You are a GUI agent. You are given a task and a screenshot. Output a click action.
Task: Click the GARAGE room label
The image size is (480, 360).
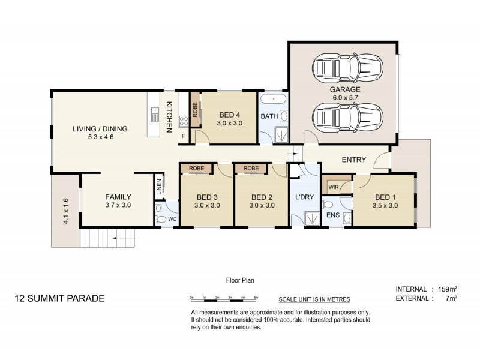(344, 89)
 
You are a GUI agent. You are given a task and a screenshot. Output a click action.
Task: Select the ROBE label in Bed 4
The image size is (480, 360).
(195, 109)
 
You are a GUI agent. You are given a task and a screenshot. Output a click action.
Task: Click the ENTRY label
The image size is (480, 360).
(353, 160)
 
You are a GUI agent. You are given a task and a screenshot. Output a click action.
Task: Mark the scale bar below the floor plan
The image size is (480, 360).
(223, 298)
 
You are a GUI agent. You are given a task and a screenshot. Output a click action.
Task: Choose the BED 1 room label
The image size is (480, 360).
(386, 197)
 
